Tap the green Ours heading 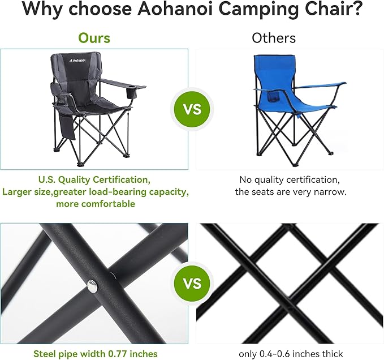[x=94, y=38]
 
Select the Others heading [x=274, y=38]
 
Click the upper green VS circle [x=193, y=109]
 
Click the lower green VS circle [x=193, y=283]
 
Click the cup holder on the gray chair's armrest [x=136, y=91]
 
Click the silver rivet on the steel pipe [x=92, y=287]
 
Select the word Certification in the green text [x=120, y=180]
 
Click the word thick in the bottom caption [x=330, y=354]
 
